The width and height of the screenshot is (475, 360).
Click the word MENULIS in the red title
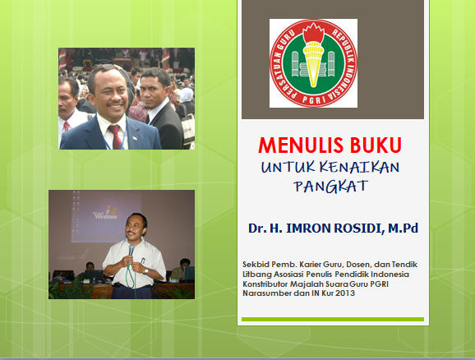click(x=301, y=145)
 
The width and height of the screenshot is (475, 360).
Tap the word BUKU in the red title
click(x=376, y=145)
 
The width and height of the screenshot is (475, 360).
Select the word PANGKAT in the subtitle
click(x=331, y=186)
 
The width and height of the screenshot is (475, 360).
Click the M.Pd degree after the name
click(x=404, y=228)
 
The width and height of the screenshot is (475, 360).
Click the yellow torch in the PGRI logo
click(x=313, y=63)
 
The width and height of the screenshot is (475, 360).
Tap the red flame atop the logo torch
click(x=314, y=32)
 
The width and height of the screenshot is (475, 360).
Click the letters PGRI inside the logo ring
click(x=313, y=99)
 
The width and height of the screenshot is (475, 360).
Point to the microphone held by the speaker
click(x=131, y=250)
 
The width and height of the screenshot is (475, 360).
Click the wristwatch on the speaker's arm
click(x=145, y=271)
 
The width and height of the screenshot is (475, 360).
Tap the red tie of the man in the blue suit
click(x=115, y=137)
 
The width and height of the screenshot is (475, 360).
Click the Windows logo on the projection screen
click(x=112, y=210)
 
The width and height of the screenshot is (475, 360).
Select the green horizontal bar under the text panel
click(x=333, y=319)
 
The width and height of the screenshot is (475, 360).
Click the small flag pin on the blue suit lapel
click(x=135, y=138)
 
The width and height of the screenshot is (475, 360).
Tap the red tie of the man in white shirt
click(x=67, y=126)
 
